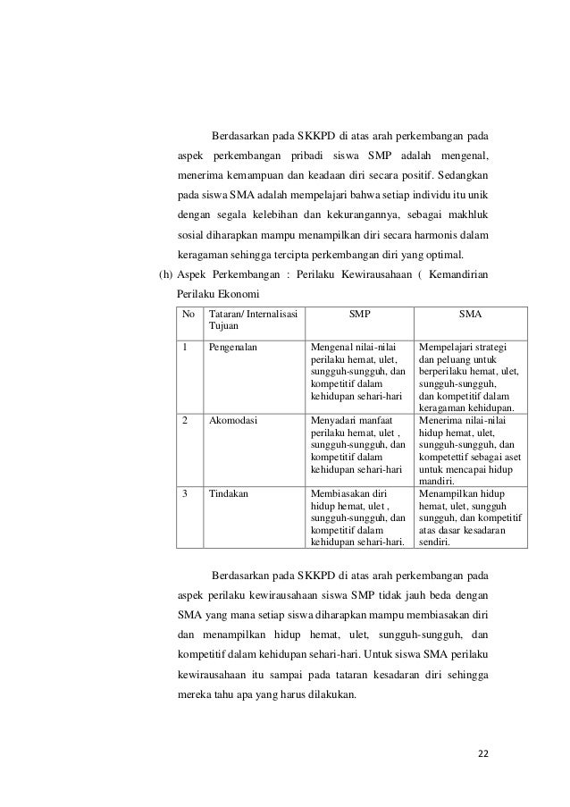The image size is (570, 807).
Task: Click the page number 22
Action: (482, 752)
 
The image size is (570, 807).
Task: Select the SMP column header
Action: (359, 315)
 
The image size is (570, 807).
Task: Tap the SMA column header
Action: (471, 315)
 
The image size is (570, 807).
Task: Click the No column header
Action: (189, 315)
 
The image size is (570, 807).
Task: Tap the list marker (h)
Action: (165, 272)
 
